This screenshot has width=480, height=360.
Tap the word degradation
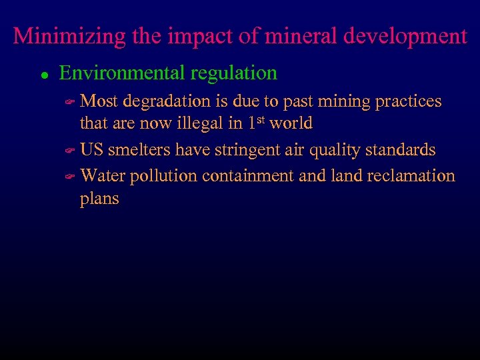click(167, 102)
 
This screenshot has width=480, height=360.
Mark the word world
click(291, 124)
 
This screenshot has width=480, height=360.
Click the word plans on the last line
click(99, 199)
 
